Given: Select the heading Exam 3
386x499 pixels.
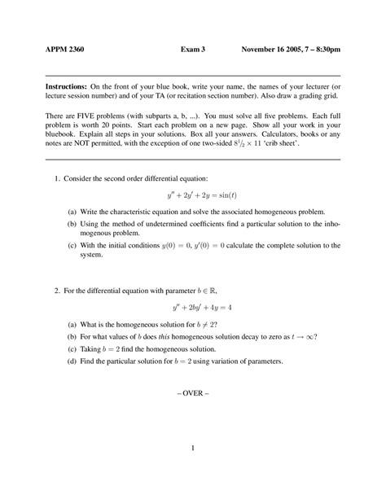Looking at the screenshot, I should [x=193, y=50].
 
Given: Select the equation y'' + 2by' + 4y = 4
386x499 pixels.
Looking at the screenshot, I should [x=192, y=308].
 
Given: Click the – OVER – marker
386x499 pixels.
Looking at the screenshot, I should [x=192, y=392].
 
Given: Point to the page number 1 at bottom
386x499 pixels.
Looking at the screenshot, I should [x=192, y=449].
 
